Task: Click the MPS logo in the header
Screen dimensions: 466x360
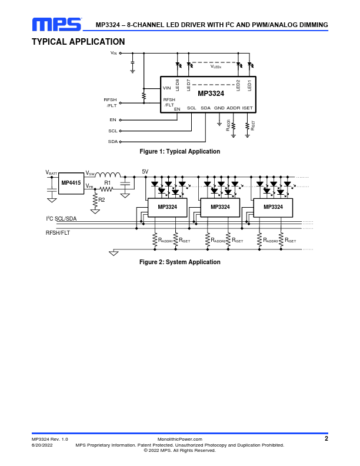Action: click(56, 24)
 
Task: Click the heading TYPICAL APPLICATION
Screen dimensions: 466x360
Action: click(78, 42)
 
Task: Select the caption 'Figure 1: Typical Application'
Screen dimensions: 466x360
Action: click(179, 152)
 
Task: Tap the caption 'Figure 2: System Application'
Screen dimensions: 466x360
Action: click(179, 262)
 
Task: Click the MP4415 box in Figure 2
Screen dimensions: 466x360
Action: click(71, 183)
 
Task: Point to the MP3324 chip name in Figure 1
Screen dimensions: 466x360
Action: click(211, 94)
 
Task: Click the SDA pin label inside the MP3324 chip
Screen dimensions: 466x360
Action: click(205, 108)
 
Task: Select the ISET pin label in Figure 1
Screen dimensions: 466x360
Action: click(248, 108)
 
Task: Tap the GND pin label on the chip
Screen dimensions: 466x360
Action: click(219, 108)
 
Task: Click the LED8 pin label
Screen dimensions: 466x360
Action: click(178, 85)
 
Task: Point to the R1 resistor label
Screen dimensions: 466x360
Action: click(108, 183)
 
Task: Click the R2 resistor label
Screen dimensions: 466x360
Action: click(102, 200)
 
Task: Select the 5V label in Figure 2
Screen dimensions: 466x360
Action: click(146, 172)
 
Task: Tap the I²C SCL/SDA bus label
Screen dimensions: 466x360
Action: click(61, 219)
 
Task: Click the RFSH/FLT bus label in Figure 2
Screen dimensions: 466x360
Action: click(58, 233)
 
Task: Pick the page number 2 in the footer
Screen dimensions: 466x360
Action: click(326, 438)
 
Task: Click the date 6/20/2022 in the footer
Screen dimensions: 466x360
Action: click(42, 445)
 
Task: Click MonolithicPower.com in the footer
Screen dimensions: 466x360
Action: click(180, 440)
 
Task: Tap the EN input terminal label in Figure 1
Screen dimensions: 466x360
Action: click(113, 120)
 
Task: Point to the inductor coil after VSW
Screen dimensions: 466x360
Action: click(108, 175)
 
